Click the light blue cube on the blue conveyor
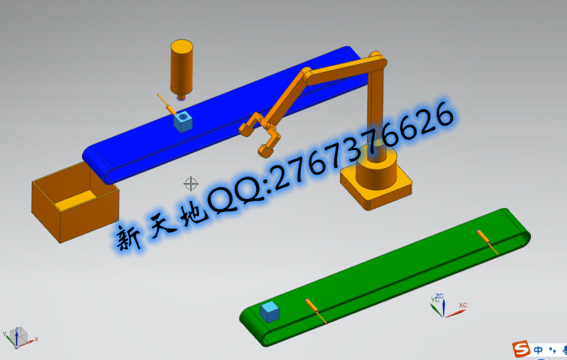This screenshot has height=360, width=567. coord(183,121)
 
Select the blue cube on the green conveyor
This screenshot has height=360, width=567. coord(269,312)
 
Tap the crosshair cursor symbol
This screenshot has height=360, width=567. coord(191,183)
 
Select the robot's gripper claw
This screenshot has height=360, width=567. coord(259,134)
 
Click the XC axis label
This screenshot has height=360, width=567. coord(463,305)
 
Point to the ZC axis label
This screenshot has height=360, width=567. coord(440,297)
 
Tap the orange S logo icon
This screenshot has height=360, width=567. coord(521,349)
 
